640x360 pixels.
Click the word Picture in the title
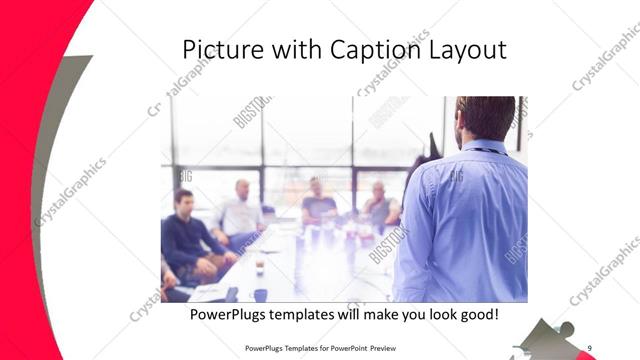215,49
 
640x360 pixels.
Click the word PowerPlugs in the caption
226,315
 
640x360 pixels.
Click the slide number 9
590,348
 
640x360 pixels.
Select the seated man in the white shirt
240,213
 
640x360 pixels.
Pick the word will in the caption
352,315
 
